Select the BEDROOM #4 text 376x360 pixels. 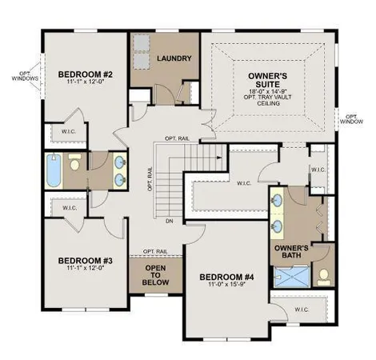tap(225, 278)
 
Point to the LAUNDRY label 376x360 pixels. tap(173, 58)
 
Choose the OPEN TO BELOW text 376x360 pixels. tap(158, 274)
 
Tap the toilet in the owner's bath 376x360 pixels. tap(325, 277)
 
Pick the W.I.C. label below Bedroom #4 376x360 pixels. tap(302, 309)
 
